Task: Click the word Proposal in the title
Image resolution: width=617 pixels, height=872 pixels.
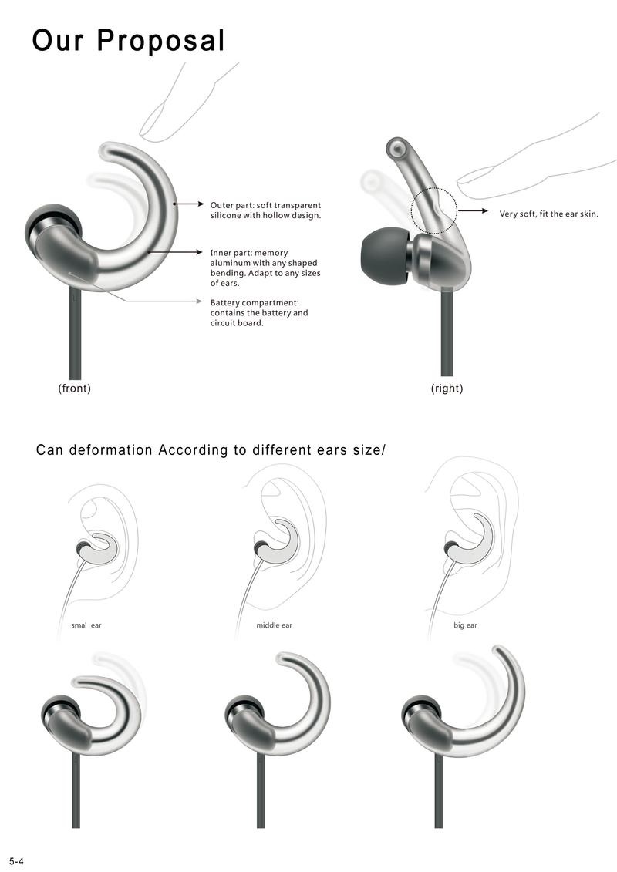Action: pyautogui.click(x=160, y=41)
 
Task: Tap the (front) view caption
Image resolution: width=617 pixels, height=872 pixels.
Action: pyautogui.click(x=75, y=388)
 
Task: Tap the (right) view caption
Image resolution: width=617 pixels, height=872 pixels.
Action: pyautogui.click(x=447, y=388)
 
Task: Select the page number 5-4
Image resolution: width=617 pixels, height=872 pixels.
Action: pyautogui.click(x=17, y=862)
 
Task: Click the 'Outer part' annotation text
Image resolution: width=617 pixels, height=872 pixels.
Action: pyautogui.click(x=265, y=210)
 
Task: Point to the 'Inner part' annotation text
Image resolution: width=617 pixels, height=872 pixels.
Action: pyautogui.click(x=265, y=268)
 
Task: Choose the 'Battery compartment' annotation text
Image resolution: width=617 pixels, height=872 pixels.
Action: pyautogui.click(x=258, y=312)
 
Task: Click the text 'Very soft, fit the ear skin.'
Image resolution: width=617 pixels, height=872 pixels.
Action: pyautogui.click(x=548, y=214)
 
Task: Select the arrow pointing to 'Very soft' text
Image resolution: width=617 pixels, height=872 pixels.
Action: pyautogui.click(x=473, y=211)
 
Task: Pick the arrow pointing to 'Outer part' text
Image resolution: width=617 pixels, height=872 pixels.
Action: pyautogui.click(x=189, y=204)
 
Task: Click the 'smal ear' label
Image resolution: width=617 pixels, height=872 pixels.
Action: pyautogui.click(x=86, y=625)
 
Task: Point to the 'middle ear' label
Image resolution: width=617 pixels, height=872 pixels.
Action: pyautogui.click(x=275, y=625)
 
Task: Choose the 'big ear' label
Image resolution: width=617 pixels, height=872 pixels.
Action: pyautogui.click(x=465, y=625)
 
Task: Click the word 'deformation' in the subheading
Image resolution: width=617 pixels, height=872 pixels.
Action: pyautogui.click(x=110, y=450)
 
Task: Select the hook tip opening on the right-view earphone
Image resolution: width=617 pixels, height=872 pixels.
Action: pyautogui.click(x=396, y=149)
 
